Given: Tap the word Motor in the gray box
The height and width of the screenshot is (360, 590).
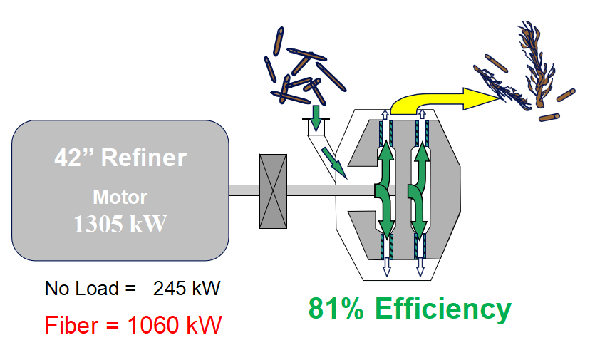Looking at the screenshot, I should pos(120,196).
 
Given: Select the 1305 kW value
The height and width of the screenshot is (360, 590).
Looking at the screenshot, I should pos(120,224).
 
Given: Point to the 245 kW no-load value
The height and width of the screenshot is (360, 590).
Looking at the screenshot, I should pos(187,289).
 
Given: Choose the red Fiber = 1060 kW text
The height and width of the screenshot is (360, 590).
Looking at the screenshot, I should pos(133,325).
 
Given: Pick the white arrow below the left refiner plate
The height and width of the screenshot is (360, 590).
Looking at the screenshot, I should pos(386,264).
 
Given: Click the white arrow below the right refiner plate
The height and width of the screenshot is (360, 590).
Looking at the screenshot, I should pos(420,264).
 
